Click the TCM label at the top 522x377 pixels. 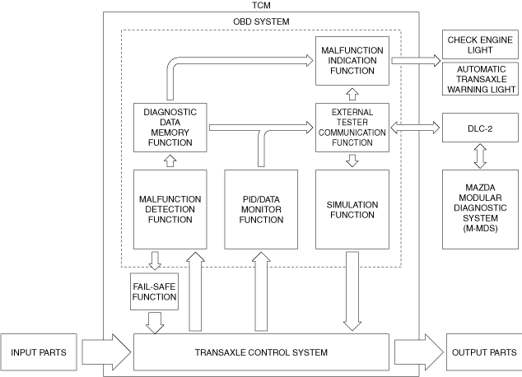coord(261,5)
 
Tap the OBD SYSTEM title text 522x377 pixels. coord(261,21)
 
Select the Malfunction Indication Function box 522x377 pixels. coord(352,61)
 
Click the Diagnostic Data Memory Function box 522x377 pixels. coord(170,128)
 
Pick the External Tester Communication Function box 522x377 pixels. coord(352,128)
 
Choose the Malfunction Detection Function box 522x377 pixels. coord(170,209)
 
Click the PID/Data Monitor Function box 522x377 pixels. coord(261,209)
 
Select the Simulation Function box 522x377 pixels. coord(352,209)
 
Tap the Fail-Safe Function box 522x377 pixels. coord(154,291)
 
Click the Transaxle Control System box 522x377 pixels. coord(261,352)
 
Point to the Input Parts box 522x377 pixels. coord(39,352)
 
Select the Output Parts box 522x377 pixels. coord(484,352)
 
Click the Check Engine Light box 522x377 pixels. coord(480,44)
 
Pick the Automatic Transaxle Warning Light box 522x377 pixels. coord(480,79)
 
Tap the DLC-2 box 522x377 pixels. coord(480,128)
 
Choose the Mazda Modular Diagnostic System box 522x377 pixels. coord(480,209)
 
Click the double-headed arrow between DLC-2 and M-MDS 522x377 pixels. coord(480,156)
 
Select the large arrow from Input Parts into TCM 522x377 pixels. coord(106,352)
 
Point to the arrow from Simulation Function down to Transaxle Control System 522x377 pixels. coord(352,291)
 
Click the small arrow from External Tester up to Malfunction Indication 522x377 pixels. coord(352,94)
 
